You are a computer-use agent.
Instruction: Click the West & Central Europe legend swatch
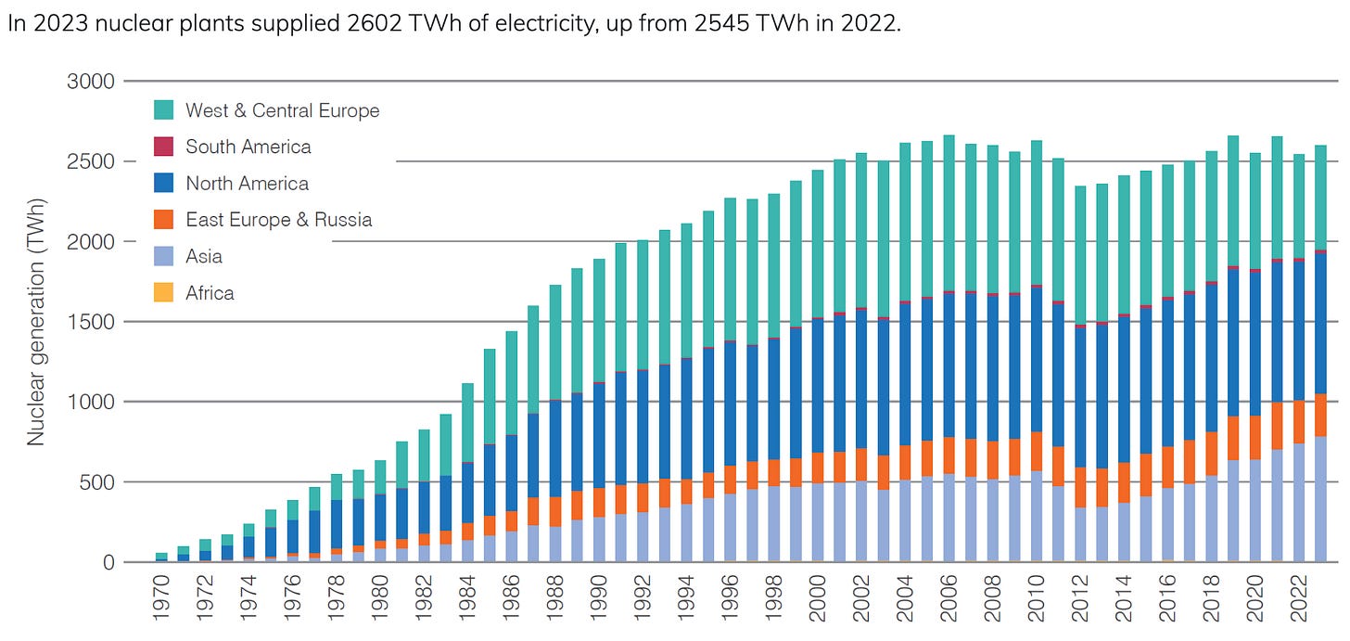pos(163,110)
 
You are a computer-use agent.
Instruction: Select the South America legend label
pos(248,147)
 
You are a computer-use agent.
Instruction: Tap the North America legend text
pos(247,184)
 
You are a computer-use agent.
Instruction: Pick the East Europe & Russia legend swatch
pos(163,220)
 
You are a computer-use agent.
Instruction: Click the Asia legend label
pos(204,256)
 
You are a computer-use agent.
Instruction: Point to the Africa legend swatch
pos(163,293)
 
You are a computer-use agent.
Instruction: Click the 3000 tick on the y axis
pos(92,82)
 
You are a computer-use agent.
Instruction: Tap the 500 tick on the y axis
pos(97,482)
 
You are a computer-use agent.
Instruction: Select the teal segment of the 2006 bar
pos(948,213)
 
